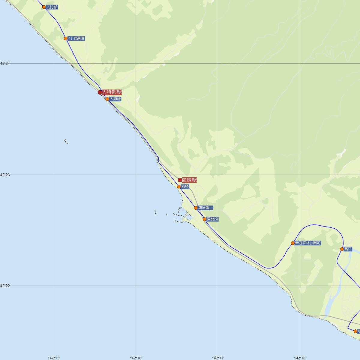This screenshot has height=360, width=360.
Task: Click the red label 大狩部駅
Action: pos(112,92)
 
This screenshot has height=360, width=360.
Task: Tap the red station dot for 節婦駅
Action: pos(180,180)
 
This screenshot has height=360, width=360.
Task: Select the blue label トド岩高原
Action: pos(76,38)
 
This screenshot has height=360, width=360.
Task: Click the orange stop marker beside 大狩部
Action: pos(44,7)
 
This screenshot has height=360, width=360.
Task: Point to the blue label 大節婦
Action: pos(115,99)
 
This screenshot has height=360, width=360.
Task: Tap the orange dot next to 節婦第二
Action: pos(196,208)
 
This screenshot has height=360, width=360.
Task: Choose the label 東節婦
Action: pos(212,219)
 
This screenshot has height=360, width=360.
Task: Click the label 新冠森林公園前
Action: pos(308,243)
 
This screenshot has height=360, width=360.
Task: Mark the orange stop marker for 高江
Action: pos(342,249)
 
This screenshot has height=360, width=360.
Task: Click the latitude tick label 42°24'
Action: pos(5,64)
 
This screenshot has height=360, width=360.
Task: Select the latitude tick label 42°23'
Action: pos(5,175)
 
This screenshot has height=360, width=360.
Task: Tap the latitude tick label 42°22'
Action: pos(5,286)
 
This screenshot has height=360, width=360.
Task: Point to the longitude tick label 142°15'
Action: pos(54,358)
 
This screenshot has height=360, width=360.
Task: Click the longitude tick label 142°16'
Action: pos(136,358)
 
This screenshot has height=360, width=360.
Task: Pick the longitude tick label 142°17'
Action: pos(218,358)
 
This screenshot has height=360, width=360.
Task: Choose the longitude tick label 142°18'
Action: pos(300,358)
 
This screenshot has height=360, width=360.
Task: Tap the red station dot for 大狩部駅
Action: pos(100,92)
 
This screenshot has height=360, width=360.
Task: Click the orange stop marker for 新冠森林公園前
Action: pos(293,243)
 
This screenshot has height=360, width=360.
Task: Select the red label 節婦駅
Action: pos(190,180)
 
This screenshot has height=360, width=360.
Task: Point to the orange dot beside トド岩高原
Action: pos(66,38)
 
